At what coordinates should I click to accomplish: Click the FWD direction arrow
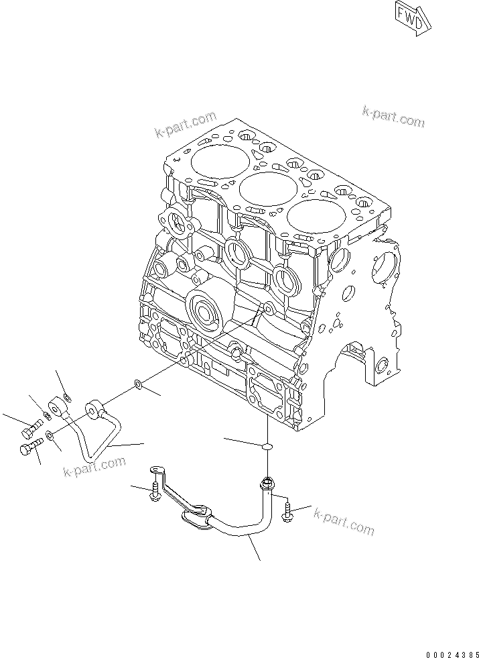point(409,18)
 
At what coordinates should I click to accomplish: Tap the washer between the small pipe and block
point(137,384)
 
